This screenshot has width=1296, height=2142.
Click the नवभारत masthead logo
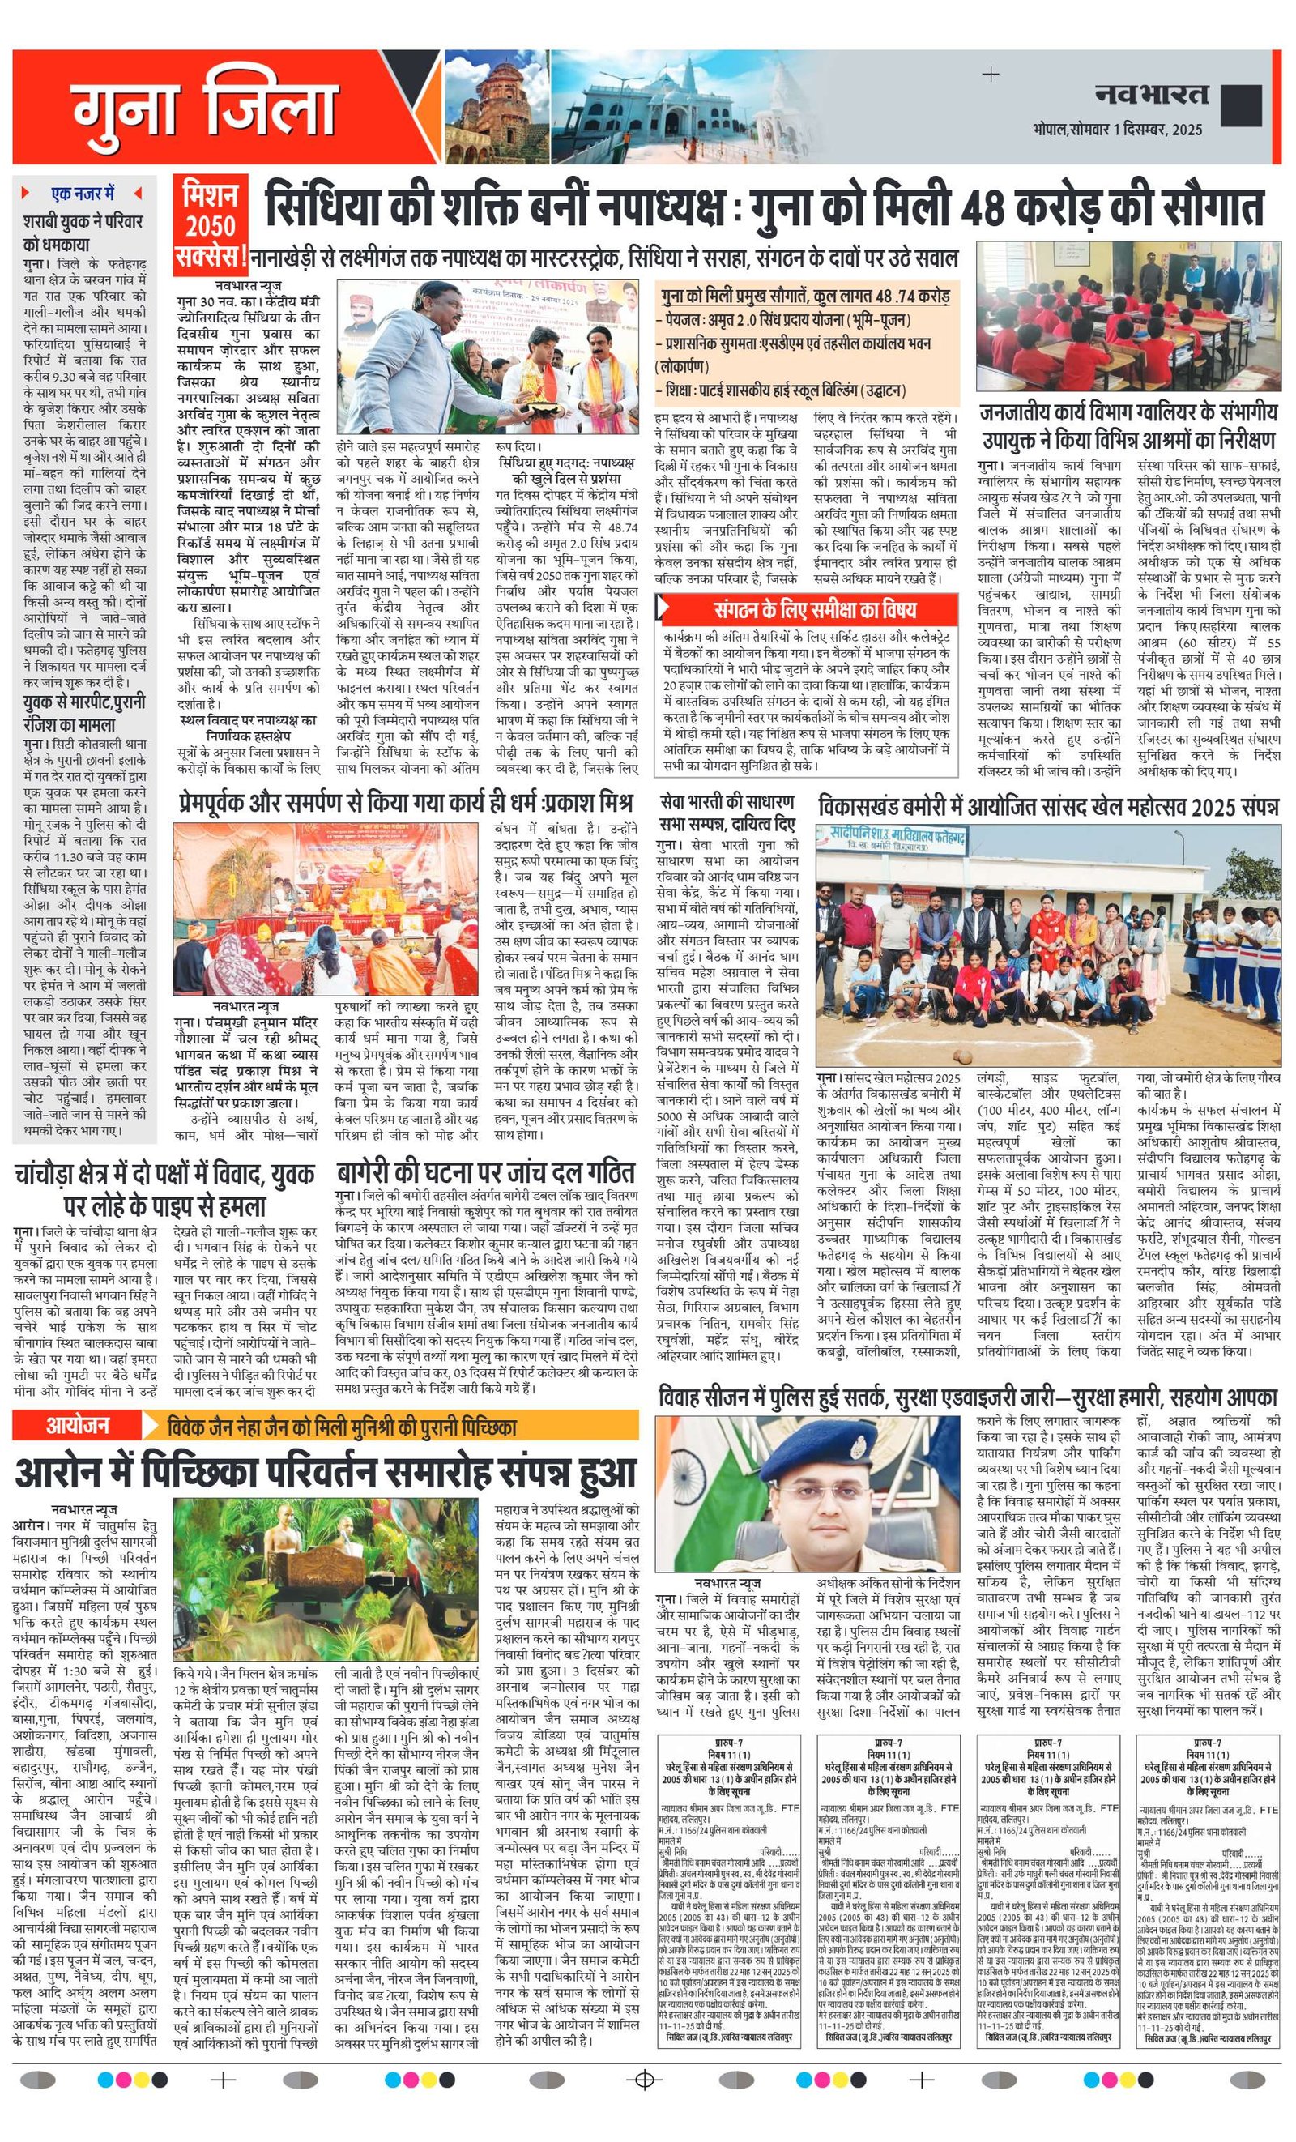tap(1151, 94)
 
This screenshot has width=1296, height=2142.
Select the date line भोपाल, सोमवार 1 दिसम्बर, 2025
tap(1117, 130)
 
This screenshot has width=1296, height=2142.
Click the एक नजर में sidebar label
tap(83, 193)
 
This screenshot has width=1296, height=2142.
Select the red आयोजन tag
tap(79, 1426)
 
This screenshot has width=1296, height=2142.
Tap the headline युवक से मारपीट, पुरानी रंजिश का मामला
tap(83, 713)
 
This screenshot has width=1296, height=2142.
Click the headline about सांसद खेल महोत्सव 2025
tap(1048, 807)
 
